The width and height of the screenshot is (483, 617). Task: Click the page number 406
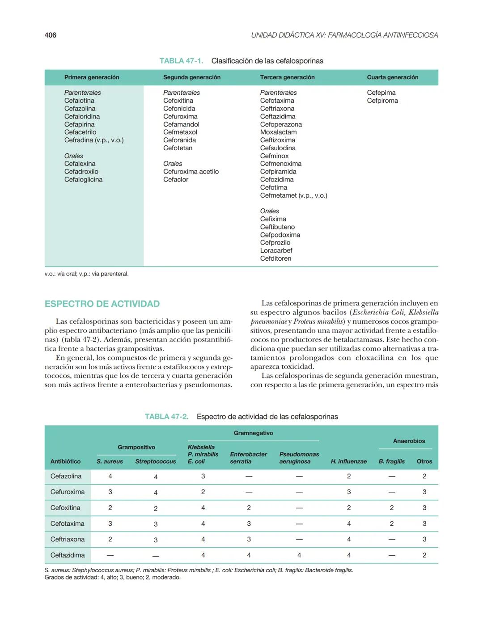pos(51,35)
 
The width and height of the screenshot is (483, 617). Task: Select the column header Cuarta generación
pos(392,77)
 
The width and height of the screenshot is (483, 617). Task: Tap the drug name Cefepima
pos(381,93)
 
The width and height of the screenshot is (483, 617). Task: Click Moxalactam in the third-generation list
pos(278,132)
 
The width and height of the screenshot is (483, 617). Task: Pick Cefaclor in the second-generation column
pos(176,180)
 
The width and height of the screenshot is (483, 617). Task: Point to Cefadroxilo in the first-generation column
pos(81,172)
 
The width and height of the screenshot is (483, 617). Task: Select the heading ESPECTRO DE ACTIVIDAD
pos(102,304)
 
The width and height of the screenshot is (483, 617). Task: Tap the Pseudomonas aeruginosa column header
pos(299,458)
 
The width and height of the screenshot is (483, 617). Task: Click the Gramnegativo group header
pos(253,433)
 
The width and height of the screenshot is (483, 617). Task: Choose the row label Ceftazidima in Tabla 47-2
pos(68,555)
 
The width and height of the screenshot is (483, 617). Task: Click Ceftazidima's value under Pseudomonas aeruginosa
pos(299,555)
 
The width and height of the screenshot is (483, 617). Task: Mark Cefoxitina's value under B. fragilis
pos(392,508)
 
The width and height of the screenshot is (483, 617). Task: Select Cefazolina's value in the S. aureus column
pos(110,477)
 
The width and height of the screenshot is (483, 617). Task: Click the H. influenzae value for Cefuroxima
pos(349,492)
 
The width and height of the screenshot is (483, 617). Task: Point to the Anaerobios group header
pos(409,441)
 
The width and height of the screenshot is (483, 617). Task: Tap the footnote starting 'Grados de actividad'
pos(112,578)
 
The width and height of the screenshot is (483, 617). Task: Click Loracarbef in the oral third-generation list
pos(276,251)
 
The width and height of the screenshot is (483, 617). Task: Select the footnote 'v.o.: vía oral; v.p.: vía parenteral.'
pos(86,274)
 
